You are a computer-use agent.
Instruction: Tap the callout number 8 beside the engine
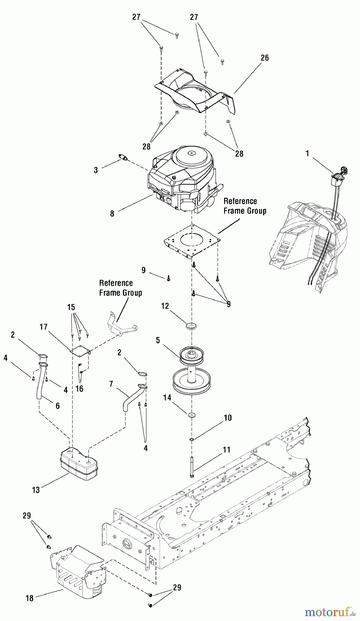click(112, 214)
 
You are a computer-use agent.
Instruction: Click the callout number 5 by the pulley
click(158, 340)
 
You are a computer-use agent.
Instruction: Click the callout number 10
click(227, 418)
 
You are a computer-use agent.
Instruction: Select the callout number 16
click(79, 389)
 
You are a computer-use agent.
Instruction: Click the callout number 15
click(71, 307)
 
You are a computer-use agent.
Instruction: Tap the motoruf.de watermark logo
click(330, 612)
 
